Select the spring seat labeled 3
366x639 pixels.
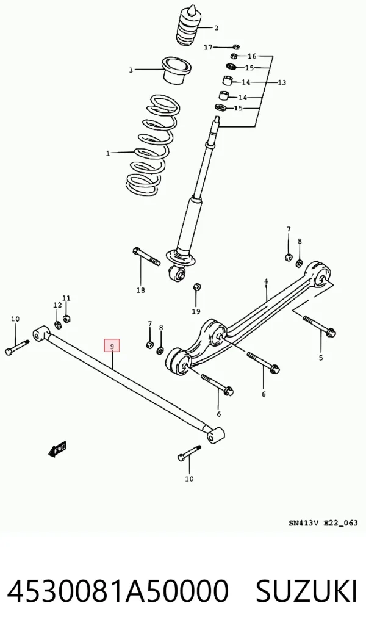177,71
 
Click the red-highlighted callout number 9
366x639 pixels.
112,345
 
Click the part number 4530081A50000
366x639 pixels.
118,591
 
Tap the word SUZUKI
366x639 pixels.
306,591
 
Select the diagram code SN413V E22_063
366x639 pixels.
323,522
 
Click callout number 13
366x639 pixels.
282,82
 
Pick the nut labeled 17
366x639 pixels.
235,47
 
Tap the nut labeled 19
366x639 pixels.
196,286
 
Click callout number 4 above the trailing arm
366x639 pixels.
266,281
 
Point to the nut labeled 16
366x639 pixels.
234,56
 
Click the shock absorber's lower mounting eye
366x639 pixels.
178,273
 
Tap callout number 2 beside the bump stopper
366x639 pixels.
216,27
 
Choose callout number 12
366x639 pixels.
57,305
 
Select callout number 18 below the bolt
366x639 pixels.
140,290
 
